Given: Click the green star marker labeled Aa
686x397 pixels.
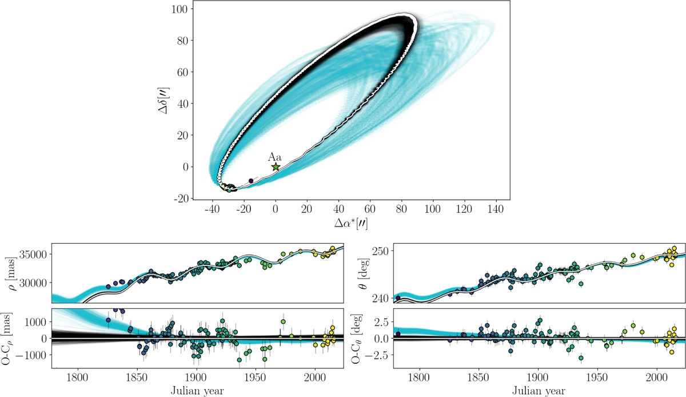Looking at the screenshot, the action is point(276,167).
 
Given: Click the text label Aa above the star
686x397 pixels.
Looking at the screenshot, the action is point(275,157).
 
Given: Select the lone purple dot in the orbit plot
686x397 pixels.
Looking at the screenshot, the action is point(251,181).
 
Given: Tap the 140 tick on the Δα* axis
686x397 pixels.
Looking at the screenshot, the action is point(496,209).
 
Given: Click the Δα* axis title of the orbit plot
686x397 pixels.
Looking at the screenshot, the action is point(351,224).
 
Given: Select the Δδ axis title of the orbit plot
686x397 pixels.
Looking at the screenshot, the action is point(163,101).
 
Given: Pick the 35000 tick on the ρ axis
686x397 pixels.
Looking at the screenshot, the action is point(33,254).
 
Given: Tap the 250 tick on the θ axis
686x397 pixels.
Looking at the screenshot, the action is point(380,251).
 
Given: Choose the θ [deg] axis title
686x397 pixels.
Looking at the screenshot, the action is point(365,273).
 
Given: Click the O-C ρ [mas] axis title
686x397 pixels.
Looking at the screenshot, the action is point(7,338).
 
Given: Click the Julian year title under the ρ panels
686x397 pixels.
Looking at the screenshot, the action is point(197,391).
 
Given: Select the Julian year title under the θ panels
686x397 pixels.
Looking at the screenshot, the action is point(539,391).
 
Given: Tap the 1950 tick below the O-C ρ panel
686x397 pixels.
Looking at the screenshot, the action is point(256,377).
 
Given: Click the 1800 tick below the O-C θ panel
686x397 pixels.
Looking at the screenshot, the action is point(419,377).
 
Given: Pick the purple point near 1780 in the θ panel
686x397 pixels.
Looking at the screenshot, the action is point(398,297).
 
